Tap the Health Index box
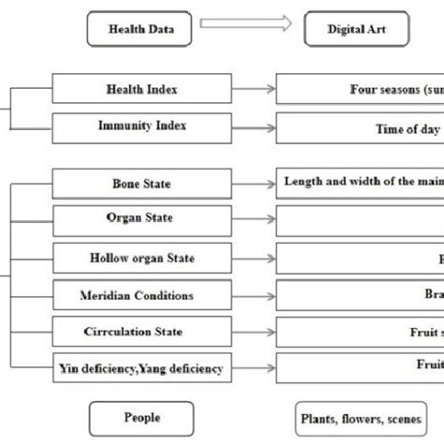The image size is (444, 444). (x=141, y=90)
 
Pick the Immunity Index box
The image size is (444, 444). (x=141, y=126)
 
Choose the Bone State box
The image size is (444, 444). (x=141, y=184)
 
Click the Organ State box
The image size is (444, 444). (x=141, y=220)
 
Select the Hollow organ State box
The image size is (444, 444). (x=141, y=258)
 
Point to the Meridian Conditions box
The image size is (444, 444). (x=141, y=295)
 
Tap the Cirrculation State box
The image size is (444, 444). (x=141, y=332)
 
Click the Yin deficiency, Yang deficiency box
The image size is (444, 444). (x=141, y=368)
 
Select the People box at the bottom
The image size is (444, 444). (x=141, y=417)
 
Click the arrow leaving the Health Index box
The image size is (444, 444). (x=254, y=90)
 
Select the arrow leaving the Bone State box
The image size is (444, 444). (x=254, y=185)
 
